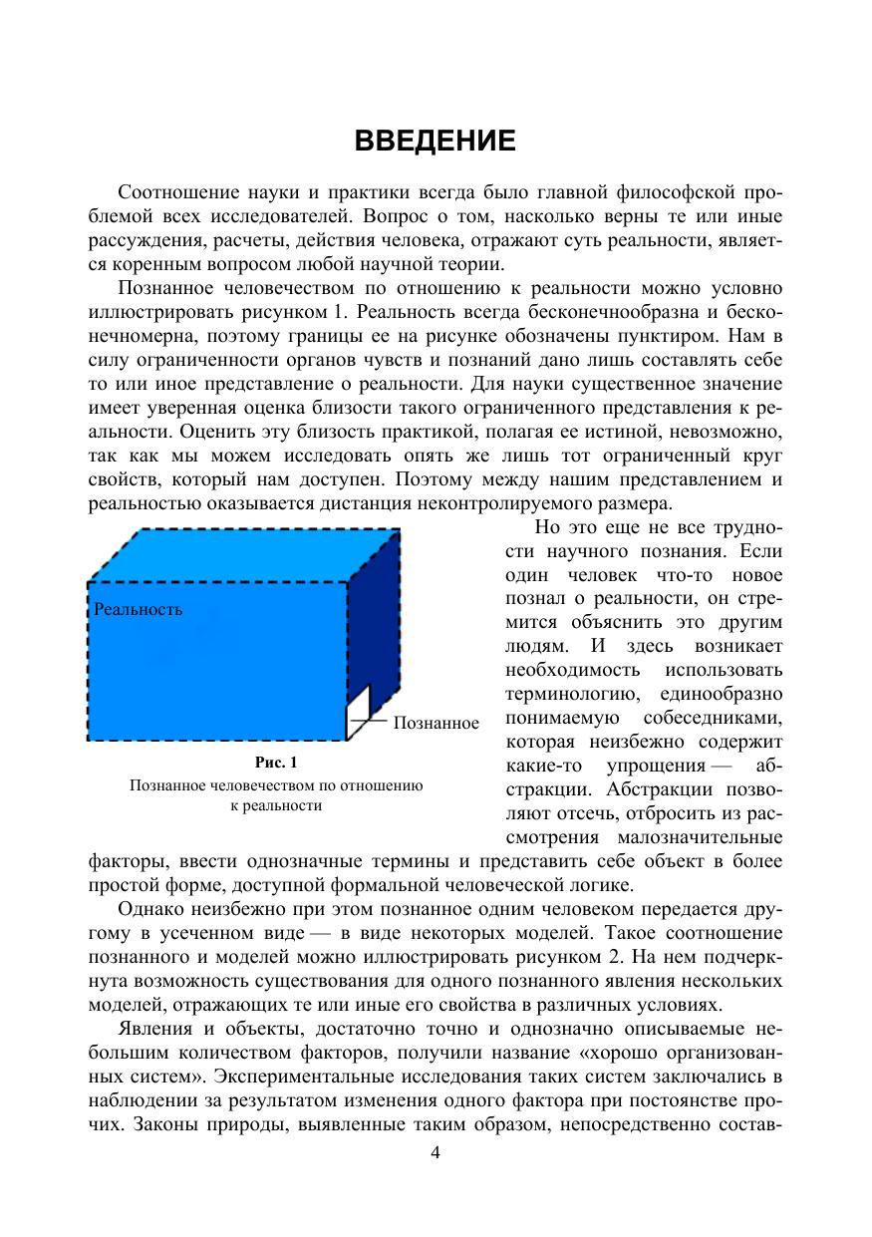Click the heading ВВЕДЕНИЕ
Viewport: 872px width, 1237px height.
436,142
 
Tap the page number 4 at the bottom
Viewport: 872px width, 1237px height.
435,1153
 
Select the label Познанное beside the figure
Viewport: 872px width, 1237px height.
436,723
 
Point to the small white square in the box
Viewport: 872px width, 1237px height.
358,712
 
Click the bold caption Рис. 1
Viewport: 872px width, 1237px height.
276,764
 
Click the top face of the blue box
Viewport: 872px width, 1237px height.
249,553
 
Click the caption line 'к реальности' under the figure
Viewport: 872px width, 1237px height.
276,805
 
